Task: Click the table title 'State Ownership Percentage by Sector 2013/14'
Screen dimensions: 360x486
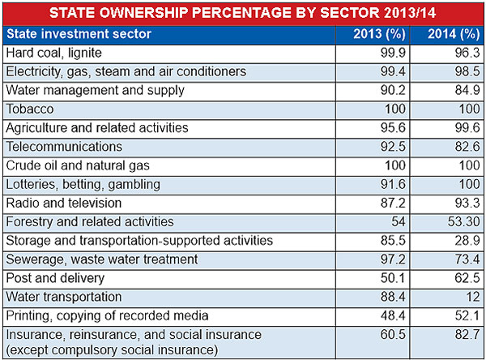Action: click(243, 13)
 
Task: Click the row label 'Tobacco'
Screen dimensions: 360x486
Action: click(29, 109)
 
